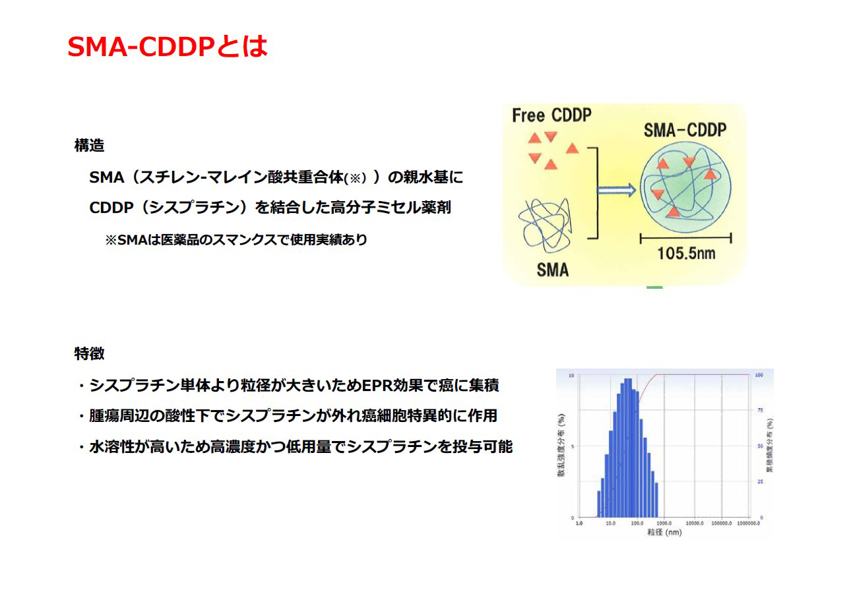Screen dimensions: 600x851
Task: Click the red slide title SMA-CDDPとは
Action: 168,47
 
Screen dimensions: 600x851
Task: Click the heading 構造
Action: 89,146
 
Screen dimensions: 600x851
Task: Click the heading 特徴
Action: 89,353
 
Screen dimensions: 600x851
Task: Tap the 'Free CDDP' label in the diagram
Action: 552,116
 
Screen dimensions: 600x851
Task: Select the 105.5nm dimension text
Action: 686,253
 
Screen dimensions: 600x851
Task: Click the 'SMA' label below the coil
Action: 552,270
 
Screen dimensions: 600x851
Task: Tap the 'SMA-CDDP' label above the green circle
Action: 685,130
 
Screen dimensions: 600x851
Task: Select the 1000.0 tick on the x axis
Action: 664,523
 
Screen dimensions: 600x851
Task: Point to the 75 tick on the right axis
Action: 759,410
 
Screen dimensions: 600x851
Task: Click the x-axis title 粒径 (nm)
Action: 664,532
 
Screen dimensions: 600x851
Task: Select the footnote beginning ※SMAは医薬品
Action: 236,240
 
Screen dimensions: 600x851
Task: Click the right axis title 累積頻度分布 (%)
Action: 770,446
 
